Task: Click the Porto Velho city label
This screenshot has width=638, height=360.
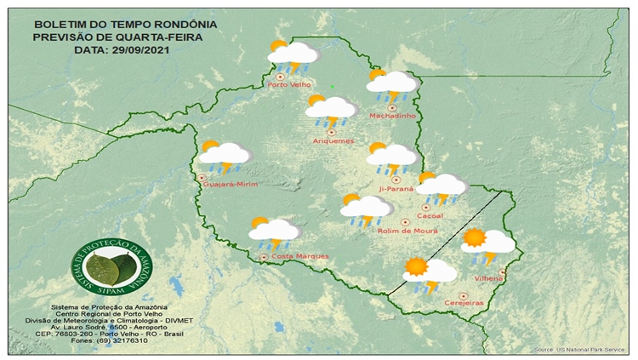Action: pyautogui.click(x=288, y=85)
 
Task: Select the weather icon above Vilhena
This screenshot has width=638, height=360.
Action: pyautogui.click(x=487, y=244)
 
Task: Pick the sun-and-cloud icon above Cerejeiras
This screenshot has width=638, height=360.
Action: pyautogui.click(x=430, y=273)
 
